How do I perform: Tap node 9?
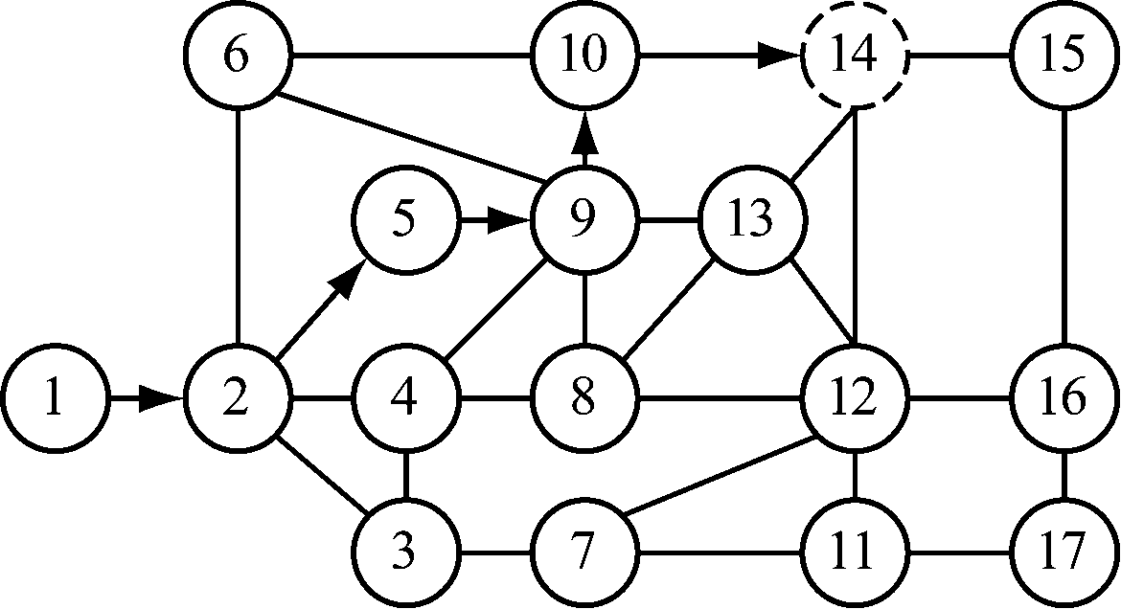584,221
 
